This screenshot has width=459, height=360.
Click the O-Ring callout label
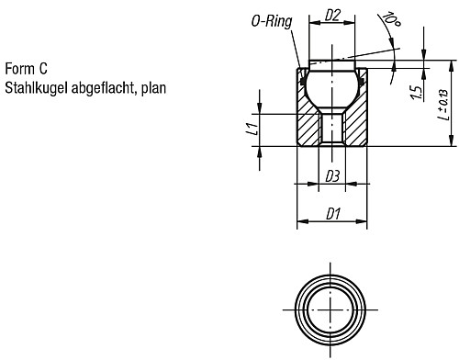[272, 21]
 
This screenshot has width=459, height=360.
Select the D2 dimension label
[332, 16]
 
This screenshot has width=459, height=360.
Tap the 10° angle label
[391, 19]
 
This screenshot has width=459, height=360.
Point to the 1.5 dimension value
[417, 93]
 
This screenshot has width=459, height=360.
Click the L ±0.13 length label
[443, 105]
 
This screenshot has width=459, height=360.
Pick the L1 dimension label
[252, 129]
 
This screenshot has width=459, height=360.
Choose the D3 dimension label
[332, 176]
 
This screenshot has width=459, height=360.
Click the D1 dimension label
[333, 214]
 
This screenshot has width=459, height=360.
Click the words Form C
[27, 69]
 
